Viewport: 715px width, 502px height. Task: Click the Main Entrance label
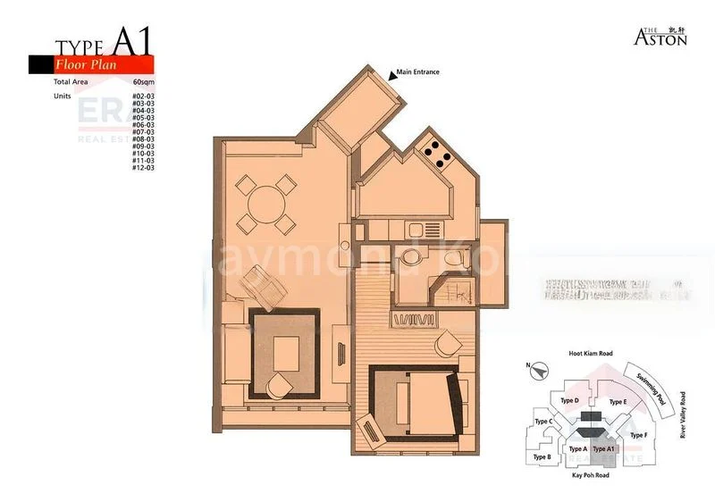pos(418,71)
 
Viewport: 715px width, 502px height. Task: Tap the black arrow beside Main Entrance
pos(392,76)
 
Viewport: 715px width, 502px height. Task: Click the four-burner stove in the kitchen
pos(437,154)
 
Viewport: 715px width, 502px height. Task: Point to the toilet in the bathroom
pos(451,258)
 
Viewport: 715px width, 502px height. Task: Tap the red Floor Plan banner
pos(104,64)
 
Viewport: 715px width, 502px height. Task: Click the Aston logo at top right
pos(660,36)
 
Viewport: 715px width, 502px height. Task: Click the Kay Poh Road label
pos(590,476)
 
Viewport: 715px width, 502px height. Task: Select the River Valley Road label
pos(683,415)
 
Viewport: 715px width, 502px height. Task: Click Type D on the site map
pos(570,401)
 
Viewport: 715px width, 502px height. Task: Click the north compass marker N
pos(529,365)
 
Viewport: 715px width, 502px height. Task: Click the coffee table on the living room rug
pos(287,349)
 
